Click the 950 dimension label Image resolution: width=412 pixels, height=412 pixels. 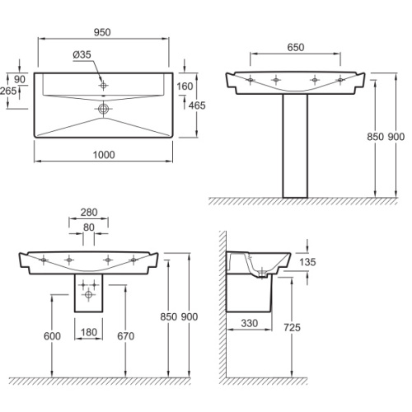click(102, 32)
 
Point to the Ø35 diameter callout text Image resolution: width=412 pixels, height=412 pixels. click(82, 54)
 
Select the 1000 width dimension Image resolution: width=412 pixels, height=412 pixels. click(104, 155)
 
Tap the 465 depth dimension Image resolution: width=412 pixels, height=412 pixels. click(197, 105)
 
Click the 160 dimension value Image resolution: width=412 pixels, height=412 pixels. click(185, 87)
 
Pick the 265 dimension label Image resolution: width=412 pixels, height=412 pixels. click(8, 91)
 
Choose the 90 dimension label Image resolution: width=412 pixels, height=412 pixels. click(20, 79)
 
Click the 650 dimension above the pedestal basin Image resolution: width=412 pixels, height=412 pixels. click(296, 47)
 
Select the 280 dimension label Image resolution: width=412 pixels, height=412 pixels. click(89, 212)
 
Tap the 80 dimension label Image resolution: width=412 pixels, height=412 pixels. click(89, 227)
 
